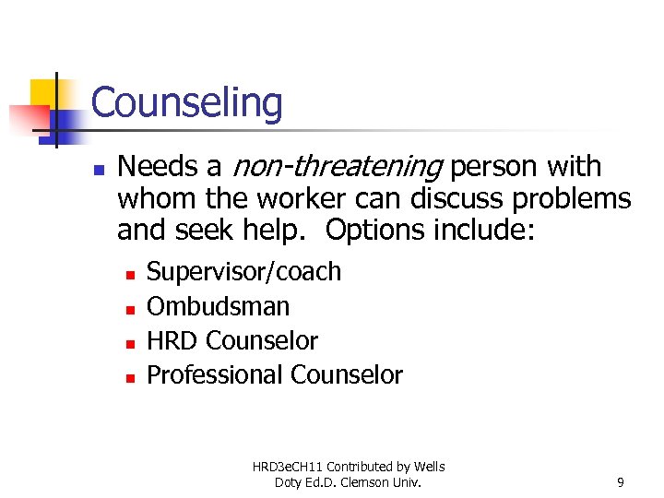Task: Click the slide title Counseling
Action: click(x=186, y=103)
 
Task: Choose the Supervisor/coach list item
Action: click(x=243, y=272)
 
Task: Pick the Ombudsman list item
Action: click(x=218, y=306)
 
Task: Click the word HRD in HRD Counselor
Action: click(x=172, y=340)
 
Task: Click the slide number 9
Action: click(x=621, y=481)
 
